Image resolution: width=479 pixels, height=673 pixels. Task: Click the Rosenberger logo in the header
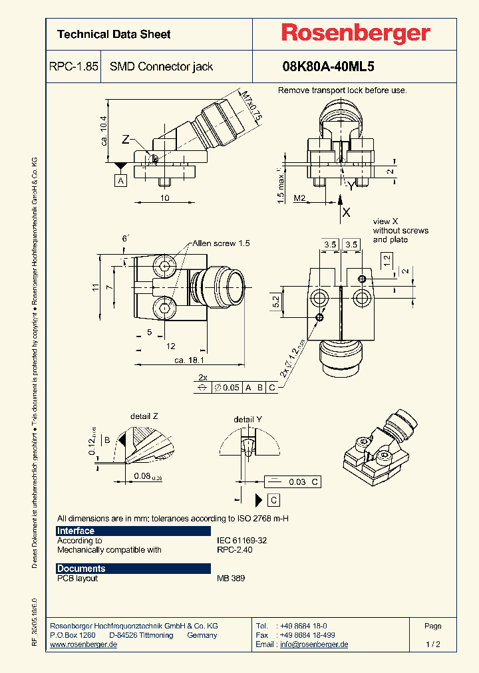tap(355, 34)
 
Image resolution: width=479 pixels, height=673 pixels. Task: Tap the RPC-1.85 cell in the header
tap(74, 67)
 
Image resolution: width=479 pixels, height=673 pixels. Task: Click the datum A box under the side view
tap(121, 180)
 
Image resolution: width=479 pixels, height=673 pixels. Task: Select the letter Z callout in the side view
tap(126, 140)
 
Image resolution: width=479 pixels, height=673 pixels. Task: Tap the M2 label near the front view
tap(299, 198)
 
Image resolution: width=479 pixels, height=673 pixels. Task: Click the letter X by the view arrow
tap(346, 213)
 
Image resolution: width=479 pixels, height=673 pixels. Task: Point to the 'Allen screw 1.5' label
tap(222, 243)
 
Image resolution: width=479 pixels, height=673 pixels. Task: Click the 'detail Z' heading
tap(144, 416)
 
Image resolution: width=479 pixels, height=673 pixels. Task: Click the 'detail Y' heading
tap(247, 420)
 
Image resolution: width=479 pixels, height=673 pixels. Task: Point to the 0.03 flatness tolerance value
tap(297, 481)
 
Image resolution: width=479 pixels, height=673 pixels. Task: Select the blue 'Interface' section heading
tap(76, 531)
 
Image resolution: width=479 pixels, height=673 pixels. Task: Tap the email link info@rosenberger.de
tap(313, 644)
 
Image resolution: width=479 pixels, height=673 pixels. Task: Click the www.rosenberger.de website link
tap(84, 644)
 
